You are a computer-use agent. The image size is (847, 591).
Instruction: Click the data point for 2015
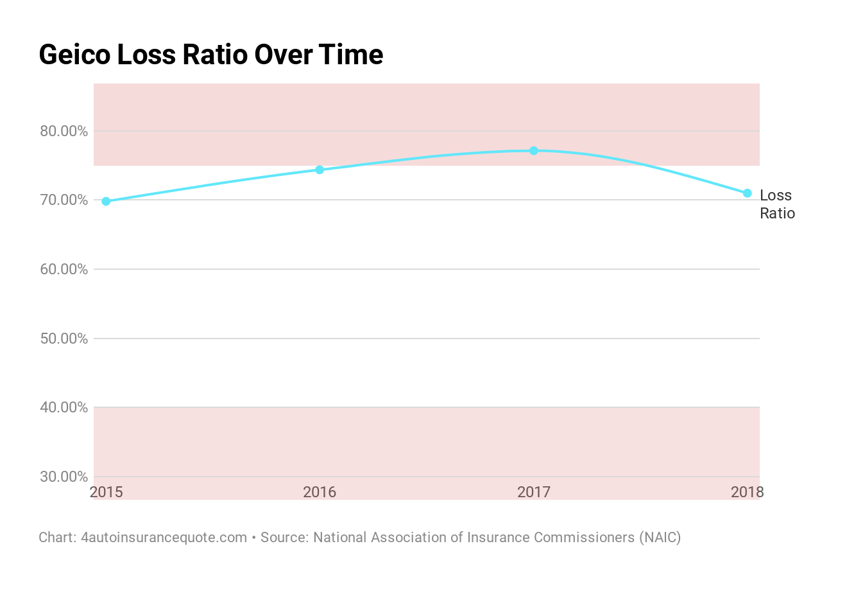click(107, 201)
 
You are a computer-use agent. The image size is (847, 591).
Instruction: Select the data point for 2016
click(320, 170)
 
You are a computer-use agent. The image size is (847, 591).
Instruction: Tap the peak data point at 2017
click(534, 150)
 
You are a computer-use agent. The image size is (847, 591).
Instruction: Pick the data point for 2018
click(747, 193)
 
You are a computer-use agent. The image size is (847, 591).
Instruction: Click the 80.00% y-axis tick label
click(64, 131)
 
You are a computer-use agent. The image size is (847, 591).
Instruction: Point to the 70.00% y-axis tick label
click(64, 200)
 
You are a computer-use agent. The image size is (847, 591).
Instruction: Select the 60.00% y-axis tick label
click(64, 269)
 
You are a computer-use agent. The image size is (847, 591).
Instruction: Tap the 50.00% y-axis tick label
click(64, 339)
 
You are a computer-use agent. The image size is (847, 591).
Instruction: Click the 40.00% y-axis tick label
click(64, 407)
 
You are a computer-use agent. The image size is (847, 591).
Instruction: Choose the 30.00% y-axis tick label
click(64, 477)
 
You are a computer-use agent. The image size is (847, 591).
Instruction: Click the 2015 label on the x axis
click(107, 492)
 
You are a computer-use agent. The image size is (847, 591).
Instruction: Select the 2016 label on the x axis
click(320, 492)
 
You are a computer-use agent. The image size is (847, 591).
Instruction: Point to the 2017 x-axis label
click(534, 492)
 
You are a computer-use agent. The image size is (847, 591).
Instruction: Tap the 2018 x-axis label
click(747, 492)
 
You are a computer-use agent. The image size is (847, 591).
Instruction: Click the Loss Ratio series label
click(776, 204)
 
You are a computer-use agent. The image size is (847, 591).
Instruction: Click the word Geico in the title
click(74, 55)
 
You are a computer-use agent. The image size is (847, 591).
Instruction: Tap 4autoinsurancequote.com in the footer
click(164, 537)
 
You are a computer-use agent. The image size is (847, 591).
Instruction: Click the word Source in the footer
click(284, 537)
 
